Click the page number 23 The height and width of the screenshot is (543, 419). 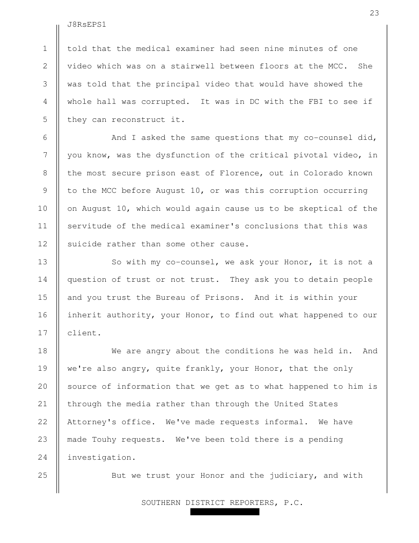374,13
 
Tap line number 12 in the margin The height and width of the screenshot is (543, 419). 45,244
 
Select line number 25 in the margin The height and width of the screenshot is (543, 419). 45,475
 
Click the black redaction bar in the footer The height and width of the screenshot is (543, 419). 224,512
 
